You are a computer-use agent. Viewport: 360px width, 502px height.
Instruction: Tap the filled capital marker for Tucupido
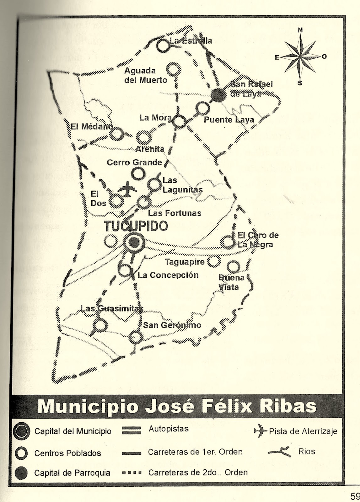click(134, 242)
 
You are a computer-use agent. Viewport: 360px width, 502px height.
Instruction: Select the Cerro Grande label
click(134, 163)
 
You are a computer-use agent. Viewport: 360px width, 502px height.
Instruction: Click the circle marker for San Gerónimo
click(136, 338)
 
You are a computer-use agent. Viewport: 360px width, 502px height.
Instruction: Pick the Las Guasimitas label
click(111, 309)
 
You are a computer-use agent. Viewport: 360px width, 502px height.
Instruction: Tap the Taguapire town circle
click(214, 261)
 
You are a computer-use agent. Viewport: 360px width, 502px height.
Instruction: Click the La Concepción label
click(168, 275)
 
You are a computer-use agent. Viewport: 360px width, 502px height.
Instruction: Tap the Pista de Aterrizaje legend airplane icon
click(260, 431)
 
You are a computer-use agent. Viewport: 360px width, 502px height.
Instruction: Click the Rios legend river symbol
click(279, 452)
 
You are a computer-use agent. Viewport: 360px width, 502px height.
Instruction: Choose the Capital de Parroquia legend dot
click(22, 473)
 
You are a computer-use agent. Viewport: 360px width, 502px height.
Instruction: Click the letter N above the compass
click(300, 30)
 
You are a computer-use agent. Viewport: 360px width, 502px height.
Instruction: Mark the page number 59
click(355, 496)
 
